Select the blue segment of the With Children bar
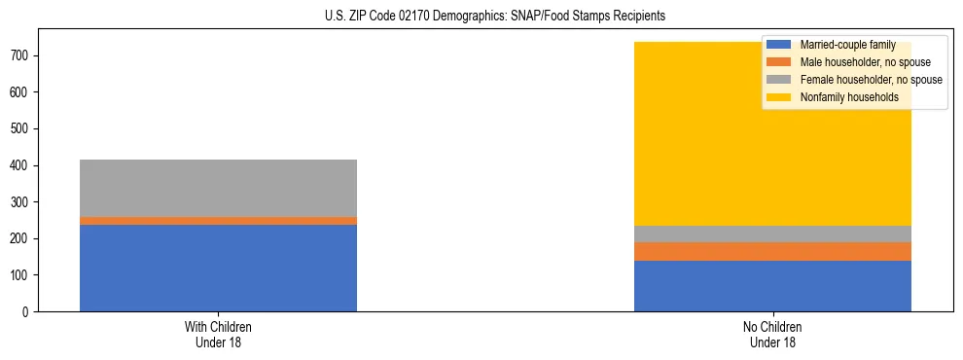pos(218,268)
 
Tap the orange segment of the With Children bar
pos(218,221)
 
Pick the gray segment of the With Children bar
pos(218,188)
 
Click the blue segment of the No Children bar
pos(772,286)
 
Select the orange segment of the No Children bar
pos(772,251)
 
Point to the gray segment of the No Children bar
pos(772,234)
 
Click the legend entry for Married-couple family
pos(847,45)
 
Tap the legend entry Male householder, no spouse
pos(862,62)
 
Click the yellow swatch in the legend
pos(779,97)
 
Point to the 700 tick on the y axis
pos(24,55)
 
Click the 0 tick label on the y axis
pos(30,312)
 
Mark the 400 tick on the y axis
pos(24,165)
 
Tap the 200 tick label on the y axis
pos(24,239)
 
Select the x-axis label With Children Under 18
pos(218,334)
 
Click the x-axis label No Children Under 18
pos(772,334)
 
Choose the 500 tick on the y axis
pos(24,128)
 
